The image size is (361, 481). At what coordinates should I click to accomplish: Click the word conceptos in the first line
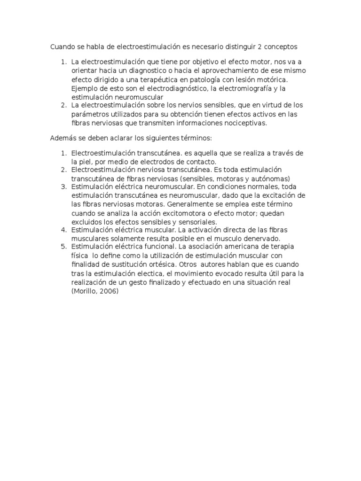click(x=280, y=47)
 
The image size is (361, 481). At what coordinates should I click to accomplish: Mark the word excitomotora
click(x=184, y=213)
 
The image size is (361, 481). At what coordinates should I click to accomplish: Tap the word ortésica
click(x=155, y=264)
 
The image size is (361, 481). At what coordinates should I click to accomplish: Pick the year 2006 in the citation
click(x=109, y=291)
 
